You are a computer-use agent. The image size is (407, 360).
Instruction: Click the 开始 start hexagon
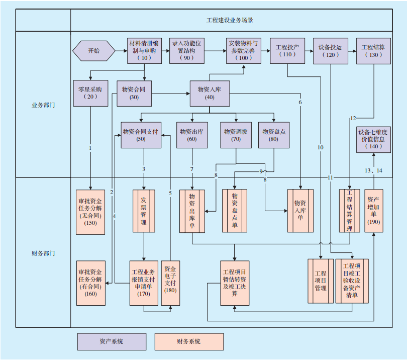94,51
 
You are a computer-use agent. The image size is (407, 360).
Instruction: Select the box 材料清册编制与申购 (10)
145,51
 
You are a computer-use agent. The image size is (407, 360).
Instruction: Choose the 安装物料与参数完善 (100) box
244,51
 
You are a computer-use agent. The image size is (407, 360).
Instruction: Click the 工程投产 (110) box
287,51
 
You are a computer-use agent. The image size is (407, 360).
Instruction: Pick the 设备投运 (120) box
330,51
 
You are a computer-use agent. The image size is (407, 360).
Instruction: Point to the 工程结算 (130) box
373,51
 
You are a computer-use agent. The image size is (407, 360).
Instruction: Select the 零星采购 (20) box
90,93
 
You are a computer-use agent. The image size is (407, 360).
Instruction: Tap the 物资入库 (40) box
210,93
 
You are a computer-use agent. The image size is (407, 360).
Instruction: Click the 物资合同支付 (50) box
141,135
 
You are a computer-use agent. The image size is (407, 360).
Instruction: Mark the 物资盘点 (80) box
274,135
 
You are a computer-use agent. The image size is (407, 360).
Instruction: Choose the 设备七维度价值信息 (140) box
373,139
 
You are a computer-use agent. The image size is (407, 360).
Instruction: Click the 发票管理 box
144,211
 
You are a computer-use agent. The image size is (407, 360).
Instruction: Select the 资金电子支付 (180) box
170,283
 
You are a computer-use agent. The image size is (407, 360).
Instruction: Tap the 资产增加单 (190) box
373,211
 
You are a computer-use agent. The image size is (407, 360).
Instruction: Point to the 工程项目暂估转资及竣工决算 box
235,283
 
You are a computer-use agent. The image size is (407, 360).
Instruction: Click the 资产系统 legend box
112,341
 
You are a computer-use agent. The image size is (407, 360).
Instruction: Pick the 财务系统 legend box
189,341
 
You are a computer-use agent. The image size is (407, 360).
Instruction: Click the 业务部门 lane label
43,106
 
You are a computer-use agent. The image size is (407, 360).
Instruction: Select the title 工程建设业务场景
231,21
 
